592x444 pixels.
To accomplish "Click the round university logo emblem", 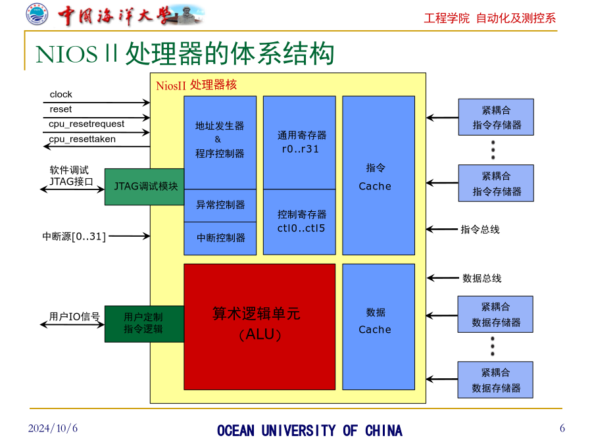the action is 37,14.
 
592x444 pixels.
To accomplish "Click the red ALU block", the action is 259,326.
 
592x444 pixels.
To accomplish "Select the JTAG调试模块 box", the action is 145,187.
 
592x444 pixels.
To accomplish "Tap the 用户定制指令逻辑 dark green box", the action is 145,324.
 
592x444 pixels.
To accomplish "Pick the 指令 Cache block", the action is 378,176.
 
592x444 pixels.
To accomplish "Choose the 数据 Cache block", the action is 378,326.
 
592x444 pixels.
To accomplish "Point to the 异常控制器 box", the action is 220,205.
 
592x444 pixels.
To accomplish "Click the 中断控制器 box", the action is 220,238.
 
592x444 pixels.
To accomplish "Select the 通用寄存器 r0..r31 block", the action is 299,143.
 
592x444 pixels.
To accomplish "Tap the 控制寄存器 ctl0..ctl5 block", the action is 299,222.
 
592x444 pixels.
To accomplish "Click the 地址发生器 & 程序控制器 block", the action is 220,143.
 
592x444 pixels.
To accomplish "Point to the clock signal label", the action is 61,94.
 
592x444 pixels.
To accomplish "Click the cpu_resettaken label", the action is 82,139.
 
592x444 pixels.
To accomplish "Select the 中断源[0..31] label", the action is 74,237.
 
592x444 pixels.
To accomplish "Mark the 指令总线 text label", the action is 480,230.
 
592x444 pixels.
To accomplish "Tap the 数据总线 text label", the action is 481,279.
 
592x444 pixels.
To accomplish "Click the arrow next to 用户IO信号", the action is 72,325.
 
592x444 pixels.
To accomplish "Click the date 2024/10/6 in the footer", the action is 53,428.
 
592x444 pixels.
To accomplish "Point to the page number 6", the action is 562,428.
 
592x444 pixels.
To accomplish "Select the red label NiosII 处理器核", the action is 196,85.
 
